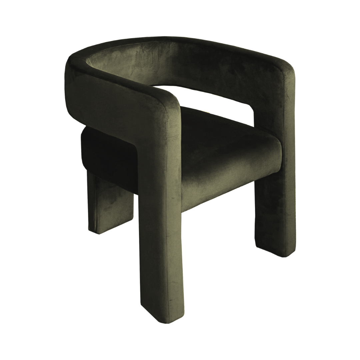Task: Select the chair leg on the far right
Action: coord(277,200)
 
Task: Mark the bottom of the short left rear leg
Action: coord(100,230)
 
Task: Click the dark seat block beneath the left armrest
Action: coord(107,153)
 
